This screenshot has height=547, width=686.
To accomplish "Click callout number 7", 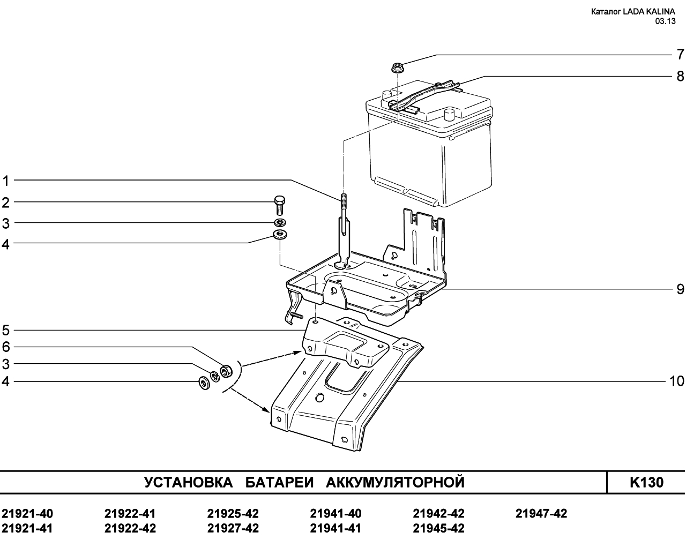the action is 680,54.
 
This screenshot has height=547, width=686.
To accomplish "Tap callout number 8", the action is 680,76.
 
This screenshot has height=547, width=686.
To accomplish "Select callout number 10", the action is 676,381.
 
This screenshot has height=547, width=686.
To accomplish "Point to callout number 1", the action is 6,181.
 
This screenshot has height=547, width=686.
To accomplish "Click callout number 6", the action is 6,347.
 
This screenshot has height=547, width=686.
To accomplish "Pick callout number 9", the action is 680,289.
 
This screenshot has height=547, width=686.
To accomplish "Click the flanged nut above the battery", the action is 397,69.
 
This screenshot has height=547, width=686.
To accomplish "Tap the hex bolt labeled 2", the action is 280,205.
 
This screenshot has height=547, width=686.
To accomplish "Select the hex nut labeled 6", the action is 226,371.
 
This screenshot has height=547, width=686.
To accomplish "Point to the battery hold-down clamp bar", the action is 426,95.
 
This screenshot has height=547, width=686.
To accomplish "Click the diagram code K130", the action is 646,483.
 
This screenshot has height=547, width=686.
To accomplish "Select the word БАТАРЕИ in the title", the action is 280,482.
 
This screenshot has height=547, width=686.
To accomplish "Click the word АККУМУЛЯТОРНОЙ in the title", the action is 396,482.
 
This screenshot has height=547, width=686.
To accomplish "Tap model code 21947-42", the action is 541,514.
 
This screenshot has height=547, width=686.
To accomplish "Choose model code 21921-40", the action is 27,514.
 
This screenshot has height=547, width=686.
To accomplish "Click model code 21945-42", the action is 438,528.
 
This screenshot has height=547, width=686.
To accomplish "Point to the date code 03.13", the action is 665,21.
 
